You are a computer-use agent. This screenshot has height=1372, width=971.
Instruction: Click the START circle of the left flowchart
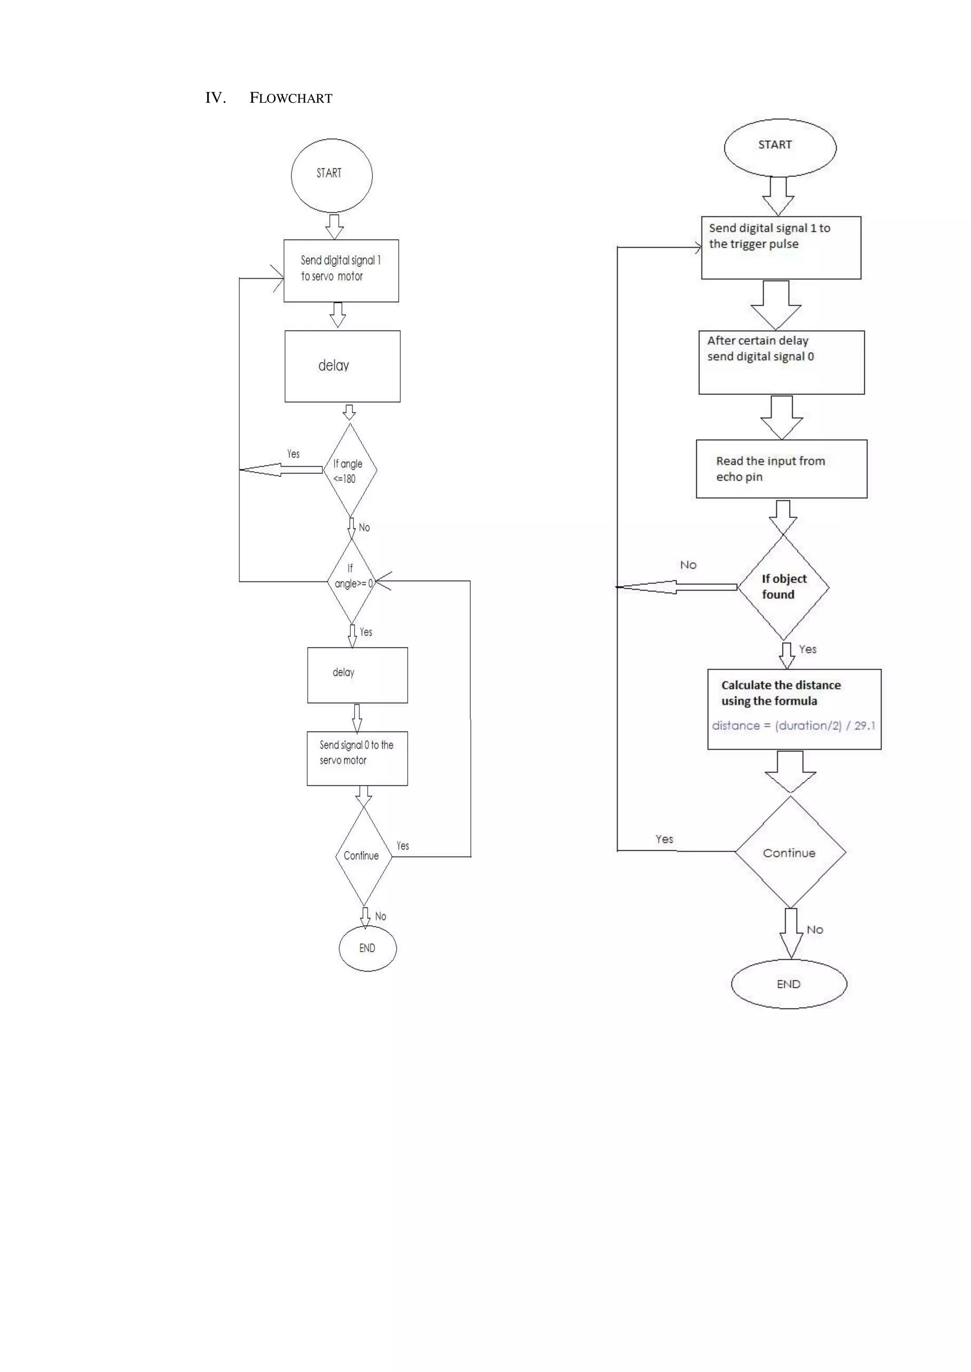[x=331, y=175]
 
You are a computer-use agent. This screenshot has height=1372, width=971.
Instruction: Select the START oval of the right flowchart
[x=779, y=147]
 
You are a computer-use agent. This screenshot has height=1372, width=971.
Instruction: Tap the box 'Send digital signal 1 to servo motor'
[x=341, y=271]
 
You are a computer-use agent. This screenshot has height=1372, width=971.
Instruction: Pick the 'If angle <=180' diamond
[x=350, y=470]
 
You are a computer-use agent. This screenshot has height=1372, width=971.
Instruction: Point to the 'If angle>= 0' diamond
[x=352, y=580]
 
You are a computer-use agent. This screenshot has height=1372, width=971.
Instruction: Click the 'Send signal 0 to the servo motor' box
[x=357, y=758]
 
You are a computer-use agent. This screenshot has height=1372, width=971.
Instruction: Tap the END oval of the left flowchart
[x=367, y=948]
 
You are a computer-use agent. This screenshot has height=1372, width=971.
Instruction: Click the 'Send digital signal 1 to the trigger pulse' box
[x=781, y=247]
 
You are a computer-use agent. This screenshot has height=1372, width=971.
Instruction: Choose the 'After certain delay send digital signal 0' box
[x=781, y=362]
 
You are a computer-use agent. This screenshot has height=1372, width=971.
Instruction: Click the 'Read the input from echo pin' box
[x=781, y=469]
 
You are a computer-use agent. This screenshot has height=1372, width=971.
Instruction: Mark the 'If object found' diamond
[x=783, y=587]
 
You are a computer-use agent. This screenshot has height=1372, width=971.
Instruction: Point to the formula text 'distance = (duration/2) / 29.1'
[x=793, y=726]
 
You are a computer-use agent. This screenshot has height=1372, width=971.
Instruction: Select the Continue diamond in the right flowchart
[x=790, y=853]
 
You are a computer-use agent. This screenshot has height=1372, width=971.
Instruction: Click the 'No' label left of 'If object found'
[x=688, y=565]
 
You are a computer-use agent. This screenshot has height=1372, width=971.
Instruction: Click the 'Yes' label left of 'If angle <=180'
[x=293, y=454]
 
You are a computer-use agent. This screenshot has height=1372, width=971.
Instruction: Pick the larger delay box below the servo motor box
[x=342, y=366]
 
